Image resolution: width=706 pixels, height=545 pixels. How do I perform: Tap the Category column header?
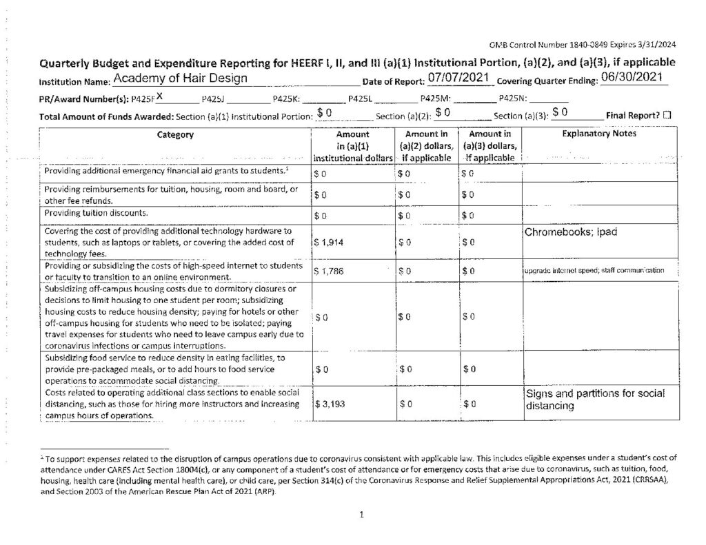175,135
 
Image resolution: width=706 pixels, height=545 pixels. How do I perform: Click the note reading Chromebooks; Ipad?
571,232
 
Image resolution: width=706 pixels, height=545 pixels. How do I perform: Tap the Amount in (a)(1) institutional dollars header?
353,146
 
